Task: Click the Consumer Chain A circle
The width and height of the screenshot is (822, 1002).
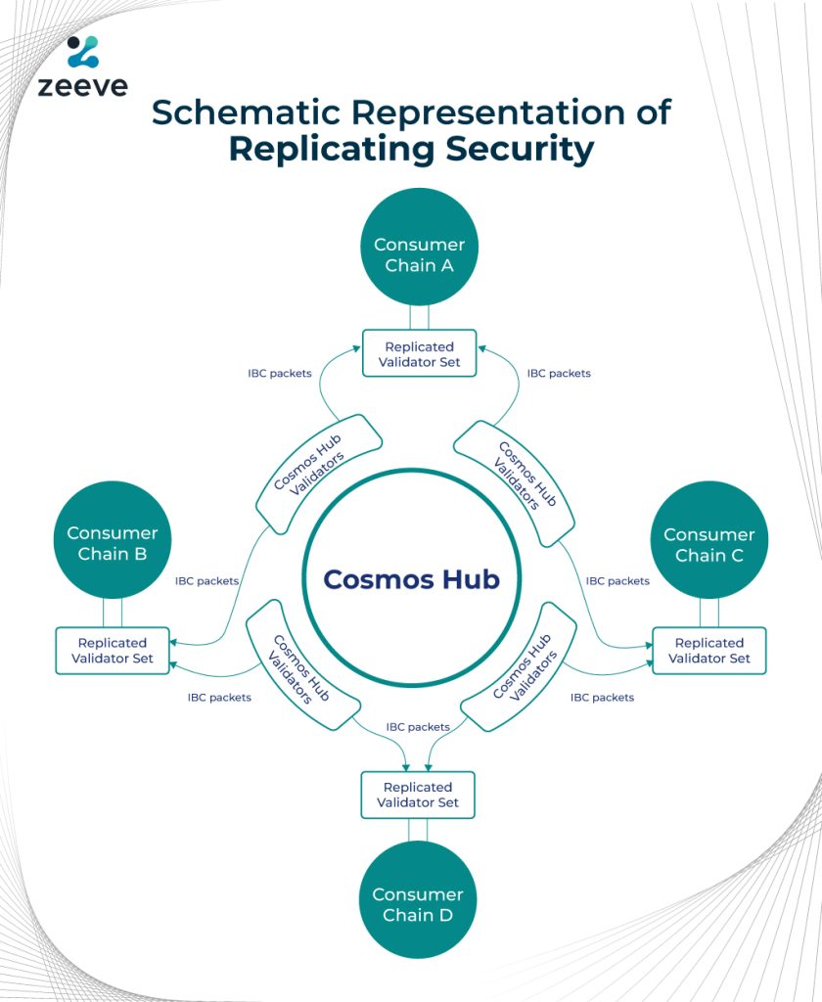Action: (419, 254)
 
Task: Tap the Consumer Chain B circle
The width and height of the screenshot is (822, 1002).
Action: (113, 543)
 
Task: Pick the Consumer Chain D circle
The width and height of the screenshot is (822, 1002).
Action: (418, 904)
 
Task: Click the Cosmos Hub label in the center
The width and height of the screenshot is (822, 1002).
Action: (411, 579)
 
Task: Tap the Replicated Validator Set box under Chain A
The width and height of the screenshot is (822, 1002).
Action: (419, 354)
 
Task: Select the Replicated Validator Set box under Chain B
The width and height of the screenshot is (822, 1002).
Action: (113, 651)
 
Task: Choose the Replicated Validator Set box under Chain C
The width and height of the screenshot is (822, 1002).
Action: (709, 651)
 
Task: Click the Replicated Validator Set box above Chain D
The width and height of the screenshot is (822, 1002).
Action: (418, 795)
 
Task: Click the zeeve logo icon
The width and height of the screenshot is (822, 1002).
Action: (83, 52)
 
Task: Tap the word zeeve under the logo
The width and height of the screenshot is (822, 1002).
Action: (83, 87)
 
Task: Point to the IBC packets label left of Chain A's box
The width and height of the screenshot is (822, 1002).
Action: (280, 373)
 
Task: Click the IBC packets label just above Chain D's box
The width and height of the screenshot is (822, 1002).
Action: (418, 727)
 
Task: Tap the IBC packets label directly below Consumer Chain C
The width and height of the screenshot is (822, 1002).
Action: (617, 580)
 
